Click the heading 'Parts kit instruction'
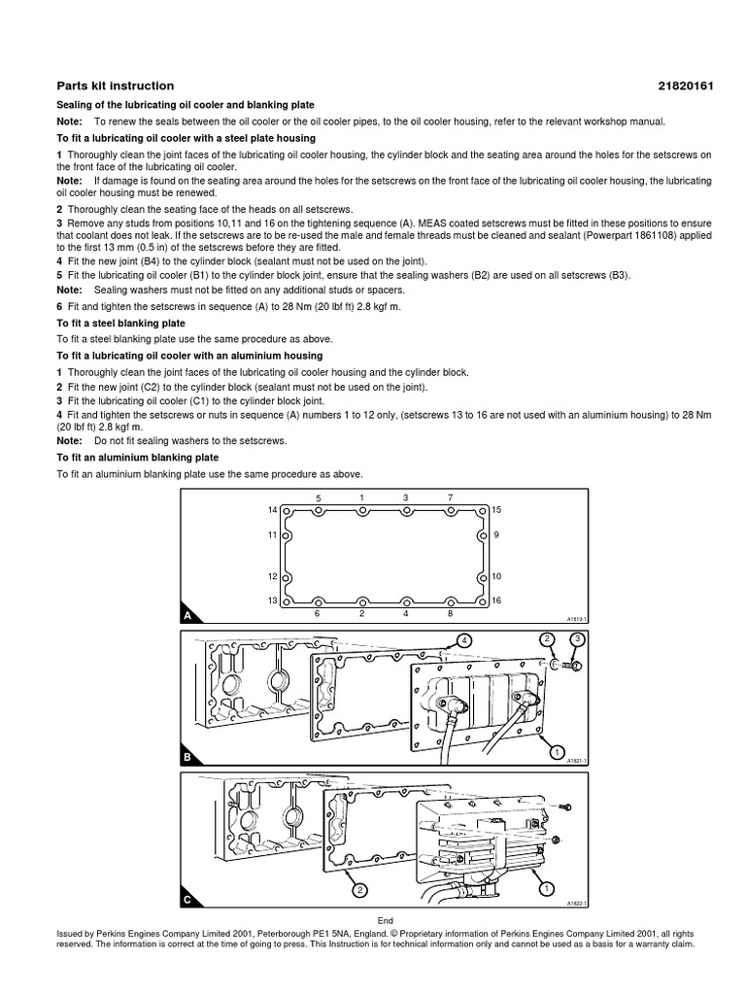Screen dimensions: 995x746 tap(115, 86)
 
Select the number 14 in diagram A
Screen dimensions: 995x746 tap(273, 509)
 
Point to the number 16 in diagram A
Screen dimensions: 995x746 tap(496, 601)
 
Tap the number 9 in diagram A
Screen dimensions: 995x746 tap(496, 534)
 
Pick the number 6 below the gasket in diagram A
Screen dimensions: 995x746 tap(318, 614)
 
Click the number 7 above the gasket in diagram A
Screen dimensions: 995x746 tap(450, 497)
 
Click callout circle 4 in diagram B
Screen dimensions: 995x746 tap(464, 639)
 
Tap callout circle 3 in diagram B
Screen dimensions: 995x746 tap(576, 639)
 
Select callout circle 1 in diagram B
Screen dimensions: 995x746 tap(556, 752)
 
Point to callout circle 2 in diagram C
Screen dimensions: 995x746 tap(359, 890)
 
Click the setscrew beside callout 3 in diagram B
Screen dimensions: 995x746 tap(571, 667)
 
